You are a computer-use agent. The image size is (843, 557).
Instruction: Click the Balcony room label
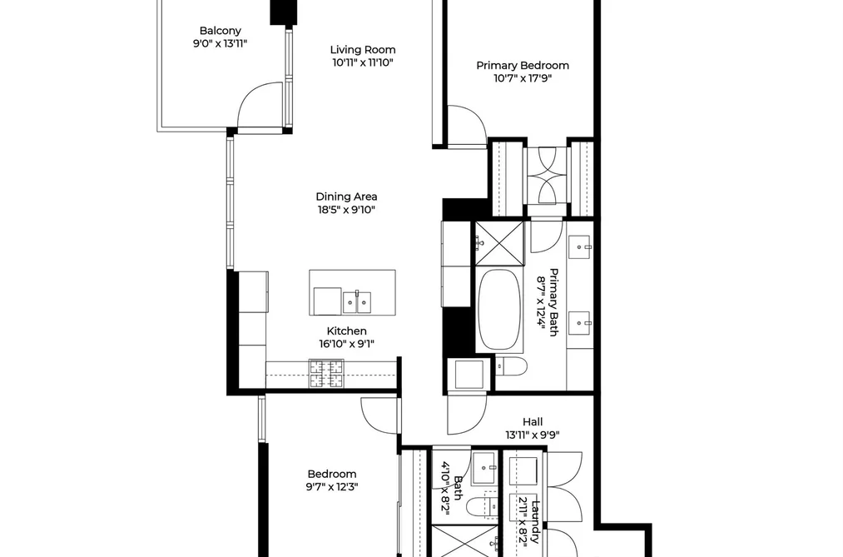pyautogui.click(x=220, y=31)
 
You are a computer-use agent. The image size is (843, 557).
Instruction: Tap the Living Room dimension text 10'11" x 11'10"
pyautogui.click(x=363, y=62)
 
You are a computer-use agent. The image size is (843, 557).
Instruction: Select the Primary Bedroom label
pyautogui.click(x=523, y=66)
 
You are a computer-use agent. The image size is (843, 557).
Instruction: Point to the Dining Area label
pyautogui.click(x=346, y=196)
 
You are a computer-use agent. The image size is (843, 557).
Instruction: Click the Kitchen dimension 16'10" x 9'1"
pyautogui.click(x=347, y=344)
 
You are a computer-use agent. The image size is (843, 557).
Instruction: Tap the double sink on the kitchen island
pyautogui.click(x=356, y=302)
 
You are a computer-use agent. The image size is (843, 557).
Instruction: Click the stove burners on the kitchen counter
pyautogui.click(x=326, y=374)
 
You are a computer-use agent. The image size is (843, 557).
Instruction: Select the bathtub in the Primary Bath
pyautogui.click(x=499, y=311)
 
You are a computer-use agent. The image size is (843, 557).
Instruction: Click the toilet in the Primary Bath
pyautogui.click(x=511, y=366)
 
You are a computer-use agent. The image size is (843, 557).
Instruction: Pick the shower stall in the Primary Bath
pyautogui.click(x=499, y=243)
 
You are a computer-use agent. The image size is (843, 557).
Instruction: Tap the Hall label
pyautogui.click(x=533, y=422)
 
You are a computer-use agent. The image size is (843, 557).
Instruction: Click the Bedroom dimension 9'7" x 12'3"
pyautogui.click(x=332, y=487)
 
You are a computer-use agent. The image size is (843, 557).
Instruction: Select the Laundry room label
pyautogui.click(x=536, y=521)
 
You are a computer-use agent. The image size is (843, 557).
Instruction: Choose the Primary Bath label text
pyautogui.click(x=553, y=302)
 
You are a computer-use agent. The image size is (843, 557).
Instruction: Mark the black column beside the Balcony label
pyautogui.click(x=283, y=12)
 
